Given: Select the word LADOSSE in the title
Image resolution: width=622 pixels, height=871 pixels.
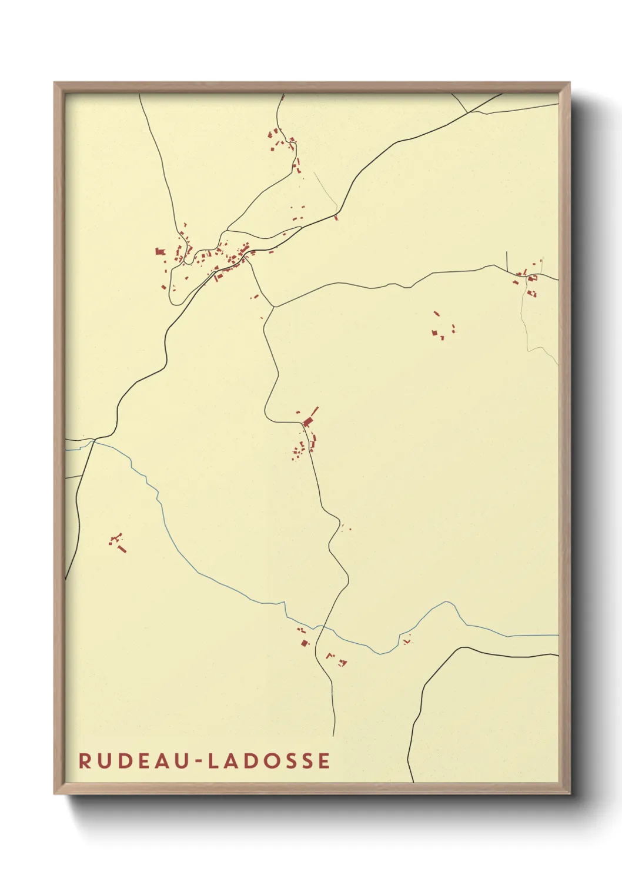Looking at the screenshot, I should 269,760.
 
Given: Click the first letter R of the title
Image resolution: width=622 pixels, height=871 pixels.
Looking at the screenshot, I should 85,760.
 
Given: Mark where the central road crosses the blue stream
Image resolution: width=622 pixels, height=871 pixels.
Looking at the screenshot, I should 321,628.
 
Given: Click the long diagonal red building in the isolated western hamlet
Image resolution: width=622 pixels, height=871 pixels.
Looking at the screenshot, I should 122,549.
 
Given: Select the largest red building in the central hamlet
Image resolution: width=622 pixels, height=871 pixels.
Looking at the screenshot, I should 307,422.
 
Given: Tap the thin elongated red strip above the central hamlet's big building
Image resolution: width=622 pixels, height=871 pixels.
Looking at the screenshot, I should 315,411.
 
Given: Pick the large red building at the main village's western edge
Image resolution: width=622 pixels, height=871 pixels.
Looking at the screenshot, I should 159,251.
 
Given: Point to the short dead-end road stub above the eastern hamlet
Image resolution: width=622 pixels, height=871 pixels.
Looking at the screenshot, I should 507,260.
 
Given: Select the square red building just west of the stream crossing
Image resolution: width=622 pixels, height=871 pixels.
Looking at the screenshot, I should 304,643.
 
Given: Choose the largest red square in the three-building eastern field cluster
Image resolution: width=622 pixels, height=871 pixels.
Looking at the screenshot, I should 435,334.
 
